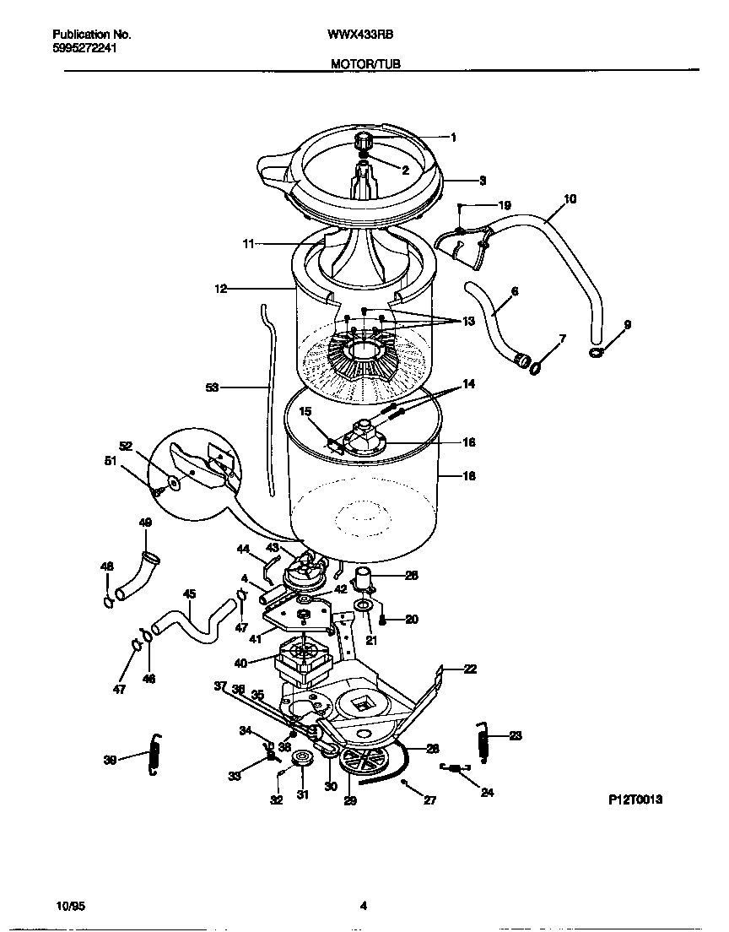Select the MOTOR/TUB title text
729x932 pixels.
point(365,63)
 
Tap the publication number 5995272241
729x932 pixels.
point(84,48)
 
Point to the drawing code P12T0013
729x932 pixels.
point(634,798)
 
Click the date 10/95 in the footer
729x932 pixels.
point(67,907)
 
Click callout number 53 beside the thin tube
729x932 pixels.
point(213,387)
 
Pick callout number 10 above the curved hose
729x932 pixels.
point(570,199)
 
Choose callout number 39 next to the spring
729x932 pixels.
point(111,759)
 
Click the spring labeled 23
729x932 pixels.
point(483,740)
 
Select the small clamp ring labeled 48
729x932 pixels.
point(107,602)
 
